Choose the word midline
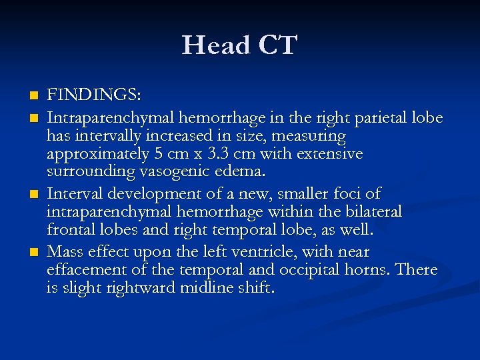click(200, 287)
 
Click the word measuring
click(313, 136)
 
